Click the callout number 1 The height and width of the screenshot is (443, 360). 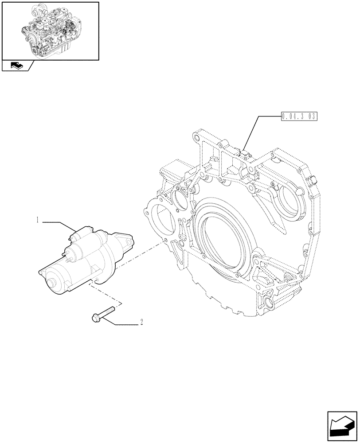pyautogui.click(x=39, y=219)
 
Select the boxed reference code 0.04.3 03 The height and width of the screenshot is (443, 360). pyautogui.click(x=299, y=117)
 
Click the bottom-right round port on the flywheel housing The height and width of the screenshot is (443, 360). pyautogui.click(x=269, y=303)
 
